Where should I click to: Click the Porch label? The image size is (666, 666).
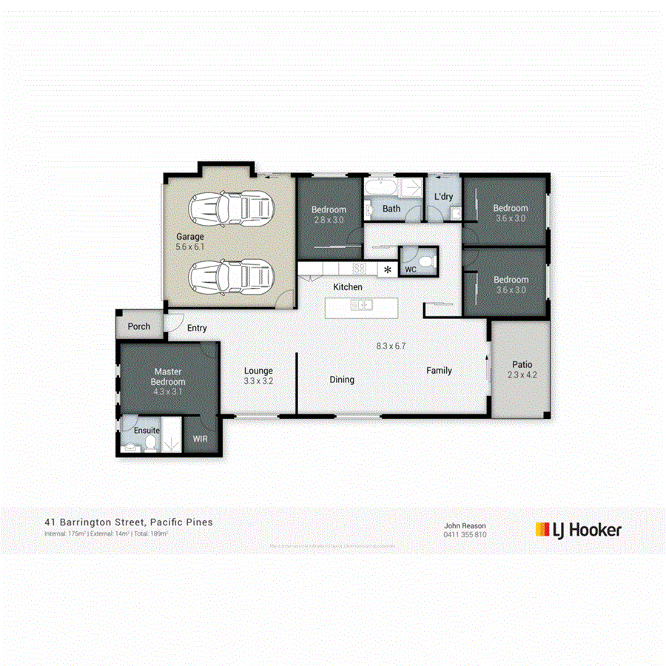pyautogui.click(x=139, y=326)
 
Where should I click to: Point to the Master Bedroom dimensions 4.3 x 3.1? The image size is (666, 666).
pyautogui.click(x=168, y=391)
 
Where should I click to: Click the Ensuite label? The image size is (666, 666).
pyautogui.click(x=147, y=429)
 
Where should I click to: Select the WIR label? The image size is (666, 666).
pyautogui.click(x=201, y=439)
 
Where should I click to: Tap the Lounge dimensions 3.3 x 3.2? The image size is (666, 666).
pyautogui.click(x=259, y=382)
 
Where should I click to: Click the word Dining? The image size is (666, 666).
pyautogui.click(x=342, y=380)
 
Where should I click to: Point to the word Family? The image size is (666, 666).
pyautogui.click(x=439, y=371)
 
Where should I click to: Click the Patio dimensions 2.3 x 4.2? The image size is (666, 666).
pyautogui.click(x=522, y=375)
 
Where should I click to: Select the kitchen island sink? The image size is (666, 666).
pyautogui.click(x=363, y=304)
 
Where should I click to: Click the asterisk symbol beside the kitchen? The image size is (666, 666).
pyautogui.click(x=387, y=269)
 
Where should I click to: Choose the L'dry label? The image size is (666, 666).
pyautogui.click(x=443, y=197)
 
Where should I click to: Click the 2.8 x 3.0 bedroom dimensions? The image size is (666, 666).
pyautogui.click(x=329, y=220)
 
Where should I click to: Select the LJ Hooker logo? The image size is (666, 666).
pyautogui.click(x=578, y=529)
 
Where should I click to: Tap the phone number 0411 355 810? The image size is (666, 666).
pyautogui.click(x=465, y=534)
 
